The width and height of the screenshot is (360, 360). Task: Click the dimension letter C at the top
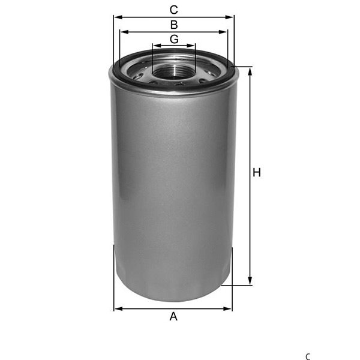174,10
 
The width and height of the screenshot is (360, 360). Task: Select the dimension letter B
174,25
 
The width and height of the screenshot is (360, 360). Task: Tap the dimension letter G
174,39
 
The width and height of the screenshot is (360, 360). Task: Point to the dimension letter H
257,172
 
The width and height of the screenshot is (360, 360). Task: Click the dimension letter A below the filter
173,316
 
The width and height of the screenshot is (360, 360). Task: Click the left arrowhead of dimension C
118,17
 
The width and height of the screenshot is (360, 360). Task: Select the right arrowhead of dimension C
229,17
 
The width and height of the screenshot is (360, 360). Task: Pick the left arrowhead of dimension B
124,32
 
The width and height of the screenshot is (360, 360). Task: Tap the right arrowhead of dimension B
223,32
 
